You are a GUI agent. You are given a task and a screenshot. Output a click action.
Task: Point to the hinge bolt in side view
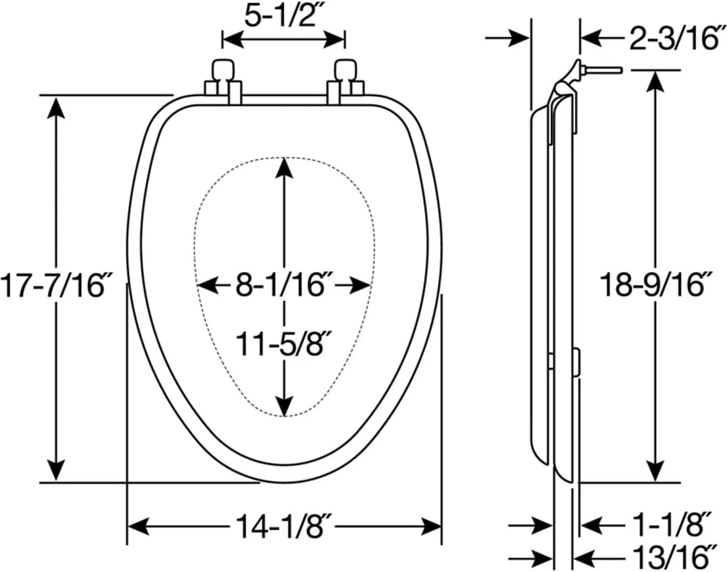603,70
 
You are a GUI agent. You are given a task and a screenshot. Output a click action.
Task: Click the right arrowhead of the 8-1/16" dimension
361,285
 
